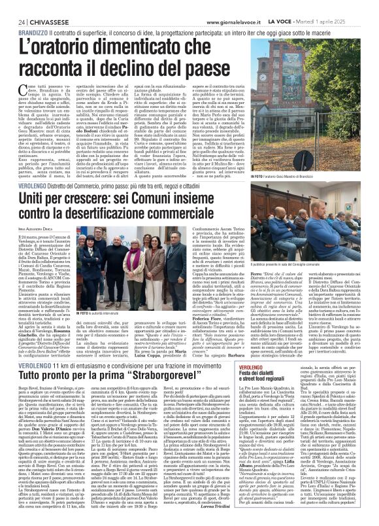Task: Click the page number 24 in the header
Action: pos(12,5)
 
